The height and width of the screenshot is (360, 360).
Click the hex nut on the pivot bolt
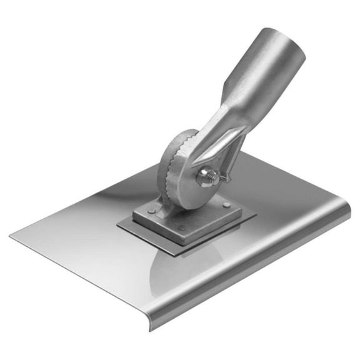(x=204, y=177)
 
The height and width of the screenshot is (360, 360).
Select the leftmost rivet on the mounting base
(x=151, y=211)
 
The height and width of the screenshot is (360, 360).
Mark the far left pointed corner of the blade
(x=11, y=235)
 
